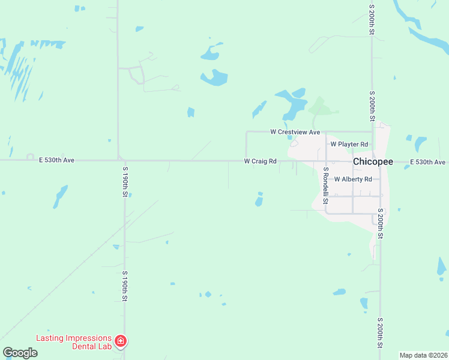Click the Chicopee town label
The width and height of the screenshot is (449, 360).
(373, 162)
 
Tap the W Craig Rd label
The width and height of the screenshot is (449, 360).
(260, 161)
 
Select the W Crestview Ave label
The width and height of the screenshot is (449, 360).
(295, 131)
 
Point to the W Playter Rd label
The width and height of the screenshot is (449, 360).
(349, 144)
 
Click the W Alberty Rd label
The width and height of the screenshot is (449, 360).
(353, 179)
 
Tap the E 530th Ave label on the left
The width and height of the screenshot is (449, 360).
(56, 160)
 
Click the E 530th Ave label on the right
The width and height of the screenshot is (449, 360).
(427, 162)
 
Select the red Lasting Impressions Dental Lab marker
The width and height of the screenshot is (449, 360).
(121, 341)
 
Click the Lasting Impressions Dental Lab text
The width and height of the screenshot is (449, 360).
(73, 341)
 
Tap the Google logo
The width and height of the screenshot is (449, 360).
(20, 353)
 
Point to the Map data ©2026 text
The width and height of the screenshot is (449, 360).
(423, 355)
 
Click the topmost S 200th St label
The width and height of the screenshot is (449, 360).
(372, 19)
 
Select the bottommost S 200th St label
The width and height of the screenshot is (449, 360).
(381, 332)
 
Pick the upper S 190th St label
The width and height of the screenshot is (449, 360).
(125, 182)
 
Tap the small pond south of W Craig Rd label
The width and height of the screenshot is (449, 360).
(259, 200)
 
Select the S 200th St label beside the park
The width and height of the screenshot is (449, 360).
(372, 106)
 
